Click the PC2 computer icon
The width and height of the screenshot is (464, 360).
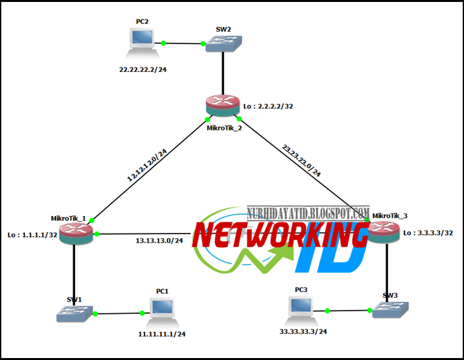143,43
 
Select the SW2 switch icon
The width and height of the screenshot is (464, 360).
224,44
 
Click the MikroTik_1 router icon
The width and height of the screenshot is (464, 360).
76,234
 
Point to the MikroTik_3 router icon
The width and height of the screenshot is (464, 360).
384,232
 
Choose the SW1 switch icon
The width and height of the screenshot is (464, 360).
75,314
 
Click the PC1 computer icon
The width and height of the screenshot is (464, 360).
163,313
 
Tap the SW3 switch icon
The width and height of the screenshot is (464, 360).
391,310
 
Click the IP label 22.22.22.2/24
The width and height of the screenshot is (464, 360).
143,69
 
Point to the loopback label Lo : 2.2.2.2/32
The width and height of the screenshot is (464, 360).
268,106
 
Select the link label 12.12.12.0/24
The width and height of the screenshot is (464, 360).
146,165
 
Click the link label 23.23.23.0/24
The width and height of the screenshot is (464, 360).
301,160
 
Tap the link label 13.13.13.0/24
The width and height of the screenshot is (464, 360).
159,241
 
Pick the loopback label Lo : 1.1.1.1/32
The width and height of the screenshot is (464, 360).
32,235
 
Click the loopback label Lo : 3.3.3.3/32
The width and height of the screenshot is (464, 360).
428,233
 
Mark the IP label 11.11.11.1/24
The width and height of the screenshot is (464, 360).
162,334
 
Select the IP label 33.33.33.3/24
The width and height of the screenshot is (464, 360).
303,331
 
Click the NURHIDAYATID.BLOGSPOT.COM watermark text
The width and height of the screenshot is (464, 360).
308,213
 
